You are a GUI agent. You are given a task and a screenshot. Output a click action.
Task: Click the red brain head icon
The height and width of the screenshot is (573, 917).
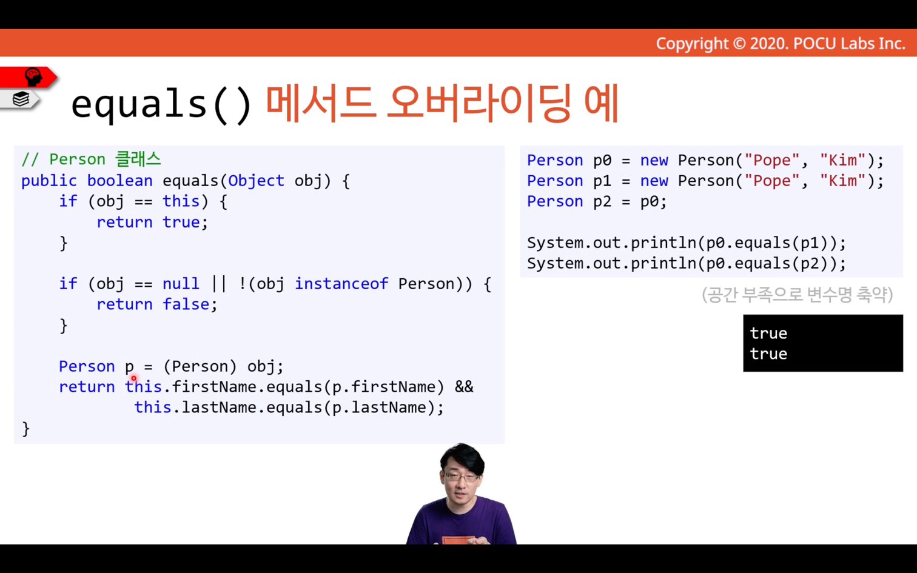(x=33, y=77)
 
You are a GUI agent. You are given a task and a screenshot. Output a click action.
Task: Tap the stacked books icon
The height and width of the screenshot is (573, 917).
(x=21, y=99)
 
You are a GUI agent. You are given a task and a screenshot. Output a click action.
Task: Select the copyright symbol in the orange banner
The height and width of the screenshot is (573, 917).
(x=739, y=44)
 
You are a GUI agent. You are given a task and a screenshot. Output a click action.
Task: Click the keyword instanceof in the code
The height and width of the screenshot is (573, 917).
(x=341, y=283)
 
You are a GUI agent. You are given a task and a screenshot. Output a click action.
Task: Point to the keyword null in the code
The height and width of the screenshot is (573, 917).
(x=181, y=283)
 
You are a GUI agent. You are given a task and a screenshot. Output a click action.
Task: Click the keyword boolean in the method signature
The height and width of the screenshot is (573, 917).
(x=119, y=181)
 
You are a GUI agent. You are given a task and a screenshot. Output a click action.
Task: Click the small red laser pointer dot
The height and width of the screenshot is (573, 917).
(x=133, y=378)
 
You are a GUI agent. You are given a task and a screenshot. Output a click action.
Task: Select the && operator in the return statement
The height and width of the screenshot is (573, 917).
(x=464, y=387)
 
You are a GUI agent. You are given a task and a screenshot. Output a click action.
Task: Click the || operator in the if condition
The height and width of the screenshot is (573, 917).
(x=218, y=283)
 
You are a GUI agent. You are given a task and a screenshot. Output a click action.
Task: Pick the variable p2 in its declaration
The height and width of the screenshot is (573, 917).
(x=602, y=201)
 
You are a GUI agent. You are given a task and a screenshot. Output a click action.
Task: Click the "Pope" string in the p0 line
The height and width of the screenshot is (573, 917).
(x=772, y=160)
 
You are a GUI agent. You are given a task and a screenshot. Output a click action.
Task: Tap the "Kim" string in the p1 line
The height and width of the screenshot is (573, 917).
(x=842, y=181)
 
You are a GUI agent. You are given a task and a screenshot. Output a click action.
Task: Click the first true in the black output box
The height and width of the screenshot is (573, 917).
(x=768, y=333)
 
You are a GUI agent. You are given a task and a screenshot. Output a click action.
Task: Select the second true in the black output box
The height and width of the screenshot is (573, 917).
(x=768, y=354)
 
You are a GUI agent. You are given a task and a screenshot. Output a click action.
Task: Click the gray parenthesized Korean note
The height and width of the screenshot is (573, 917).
(x=797, y=294)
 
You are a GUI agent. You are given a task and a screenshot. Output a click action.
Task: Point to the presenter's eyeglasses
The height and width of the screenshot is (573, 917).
(x=462, y=477)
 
